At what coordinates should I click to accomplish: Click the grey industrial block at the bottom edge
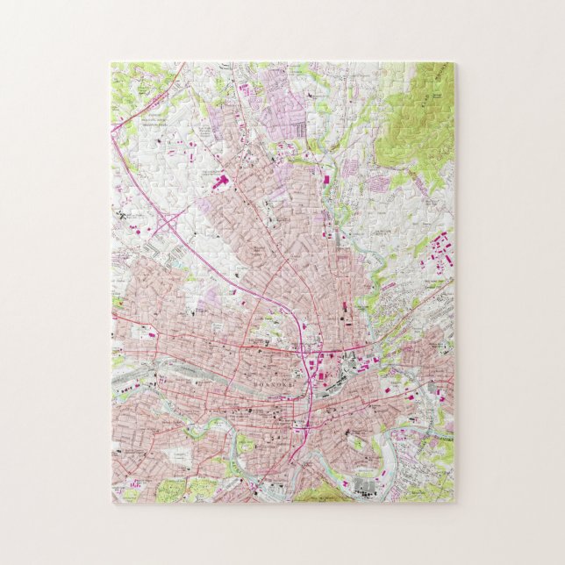coord(365,485)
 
